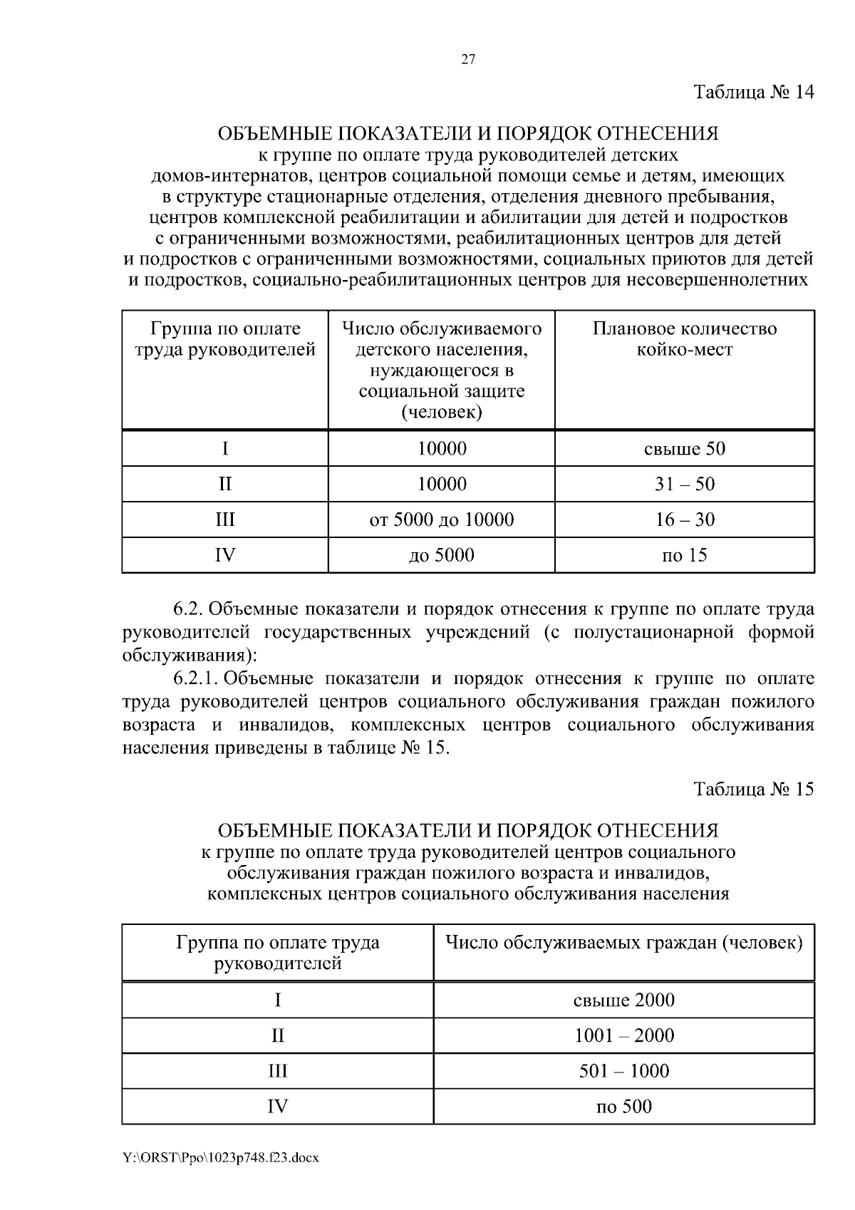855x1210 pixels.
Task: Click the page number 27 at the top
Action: pyautogui.click(x=468, y=60)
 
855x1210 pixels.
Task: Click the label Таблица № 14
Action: pyautogui.click(x=753, y=93)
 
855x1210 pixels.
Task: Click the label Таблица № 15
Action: pyautogui.click(x=753, y=790)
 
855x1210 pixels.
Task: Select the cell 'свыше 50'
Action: pyautogui.click(x=684, y=449)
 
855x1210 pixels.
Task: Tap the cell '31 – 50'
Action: pyautogui.click(x=684, y=485)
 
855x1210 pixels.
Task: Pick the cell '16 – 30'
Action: pyautogui.click(x=684, y=519)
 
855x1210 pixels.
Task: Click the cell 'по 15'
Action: pyautogui.click(x=684, y=555)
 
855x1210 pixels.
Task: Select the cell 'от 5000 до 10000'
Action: pyautogui.click(x=441, y=519)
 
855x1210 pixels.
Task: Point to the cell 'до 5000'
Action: pyautogui.click(x=441, y=555)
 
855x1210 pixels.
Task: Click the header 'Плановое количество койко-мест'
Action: pyautogui.click(x=684, y=339)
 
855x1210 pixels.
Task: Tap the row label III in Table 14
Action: pyautogui.click(x=224, y=519)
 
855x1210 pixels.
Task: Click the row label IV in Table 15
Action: pyautogui.click(x=277, y=1107)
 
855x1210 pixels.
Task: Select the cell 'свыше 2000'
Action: pyautogui.click(x=623, y=1000)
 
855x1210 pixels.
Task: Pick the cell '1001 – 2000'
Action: pyautogui.click(x=623, y=1035)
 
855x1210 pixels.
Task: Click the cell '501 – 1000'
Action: pyautogui.click(x=623, y=1071)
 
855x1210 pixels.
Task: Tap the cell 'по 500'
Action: pyautogui.click(x=623, y=1107)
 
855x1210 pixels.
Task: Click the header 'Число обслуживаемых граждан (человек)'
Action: pyautogui.click(x=623, y=943)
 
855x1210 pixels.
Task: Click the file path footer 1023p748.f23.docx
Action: pyautogui.click(x=221, y=1158)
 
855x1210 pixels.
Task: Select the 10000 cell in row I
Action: pyautogui.click(x=441, y=449)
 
